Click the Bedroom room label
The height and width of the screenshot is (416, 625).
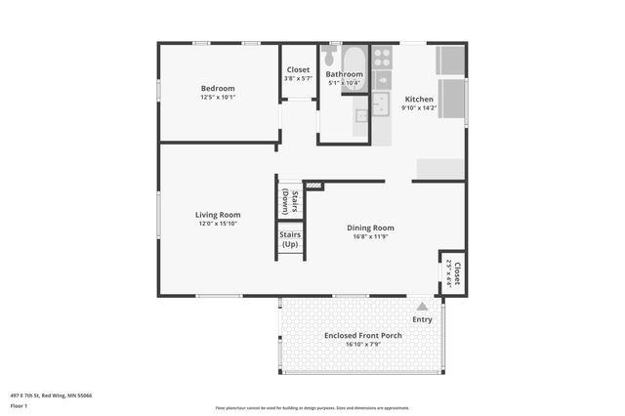(x=218, y=88)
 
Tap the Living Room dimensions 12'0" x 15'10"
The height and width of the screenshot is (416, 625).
(x=218, y=224)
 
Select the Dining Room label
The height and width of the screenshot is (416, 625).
(x=371, y=228)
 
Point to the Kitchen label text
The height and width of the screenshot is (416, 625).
(x=419, y=100)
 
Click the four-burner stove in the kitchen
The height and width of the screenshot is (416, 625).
(x=382, y=57)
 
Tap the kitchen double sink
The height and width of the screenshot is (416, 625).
(x=383, y=104)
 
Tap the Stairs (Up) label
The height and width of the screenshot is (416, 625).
(x=290, y=239)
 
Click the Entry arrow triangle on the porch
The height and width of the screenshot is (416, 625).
(x=422, y=306)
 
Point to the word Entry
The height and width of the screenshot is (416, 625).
(x=422, y=319)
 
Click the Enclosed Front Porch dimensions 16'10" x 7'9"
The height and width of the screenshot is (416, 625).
(x=362, y=344)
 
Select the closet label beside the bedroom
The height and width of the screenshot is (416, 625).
(x=298, y=70)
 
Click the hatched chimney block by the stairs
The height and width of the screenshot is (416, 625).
(x=313, y=185)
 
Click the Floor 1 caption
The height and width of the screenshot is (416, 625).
(x=20, y=405)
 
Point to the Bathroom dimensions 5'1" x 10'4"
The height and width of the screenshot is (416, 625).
(x=345, y=83)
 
